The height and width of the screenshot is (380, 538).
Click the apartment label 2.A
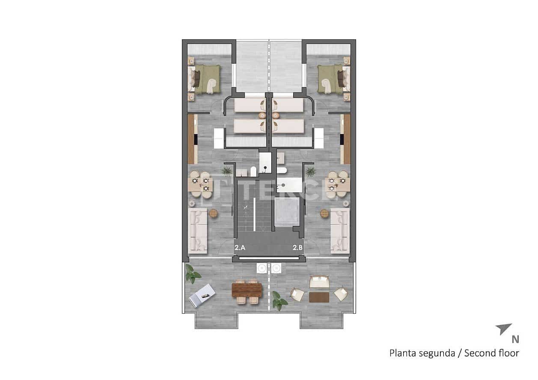[x=240, y=247]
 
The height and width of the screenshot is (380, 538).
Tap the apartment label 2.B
[x=298, y=247]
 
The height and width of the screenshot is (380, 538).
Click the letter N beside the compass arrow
[x=515, y=339]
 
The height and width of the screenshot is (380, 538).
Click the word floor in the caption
[x=509, y=353]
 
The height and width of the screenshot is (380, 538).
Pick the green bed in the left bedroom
[x=206, y=79]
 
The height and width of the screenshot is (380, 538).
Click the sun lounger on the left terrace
[x=202, y=295]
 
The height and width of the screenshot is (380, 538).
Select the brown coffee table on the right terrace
[x=319, y=297]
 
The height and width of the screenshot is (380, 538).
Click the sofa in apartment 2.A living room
[x=198, y=231]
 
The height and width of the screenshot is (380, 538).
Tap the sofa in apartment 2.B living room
[x=340, y=231]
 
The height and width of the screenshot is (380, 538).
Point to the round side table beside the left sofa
[x=213, y=214]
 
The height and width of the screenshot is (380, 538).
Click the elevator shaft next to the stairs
[x=285, y=212]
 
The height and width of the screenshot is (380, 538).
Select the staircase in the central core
[x=254, y=212]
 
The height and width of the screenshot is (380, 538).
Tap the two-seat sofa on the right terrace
[x=319, y=282]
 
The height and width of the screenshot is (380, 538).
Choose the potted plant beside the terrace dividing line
[x=279, y=300]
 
